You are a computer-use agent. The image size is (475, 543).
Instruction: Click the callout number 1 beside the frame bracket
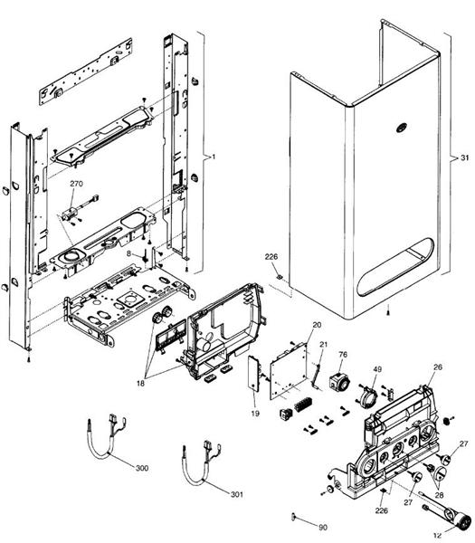pos(213,157)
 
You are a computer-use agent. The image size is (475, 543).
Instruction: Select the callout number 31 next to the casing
pos(463,157)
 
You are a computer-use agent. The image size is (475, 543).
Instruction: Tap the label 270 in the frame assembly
pos(76,184)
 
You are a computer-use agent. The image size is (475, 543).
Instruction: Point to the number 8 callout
pos(128,255)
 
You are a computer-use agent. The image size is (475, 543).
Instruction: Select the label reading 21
pos(323,345)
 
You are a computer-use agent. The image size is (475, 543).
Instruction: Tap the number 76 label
pos(343,354)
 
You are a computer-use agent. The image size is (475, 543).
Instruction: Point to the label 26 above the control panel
pos(437,367)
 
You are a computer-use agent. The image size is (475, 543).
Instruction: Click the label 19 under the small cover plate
pos(254,413)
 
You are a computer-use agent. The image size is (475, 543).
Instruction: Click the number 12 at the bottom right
pos(436,534)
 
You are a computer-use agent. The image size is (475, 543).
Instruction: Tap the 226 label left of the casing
pos(271,258)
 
